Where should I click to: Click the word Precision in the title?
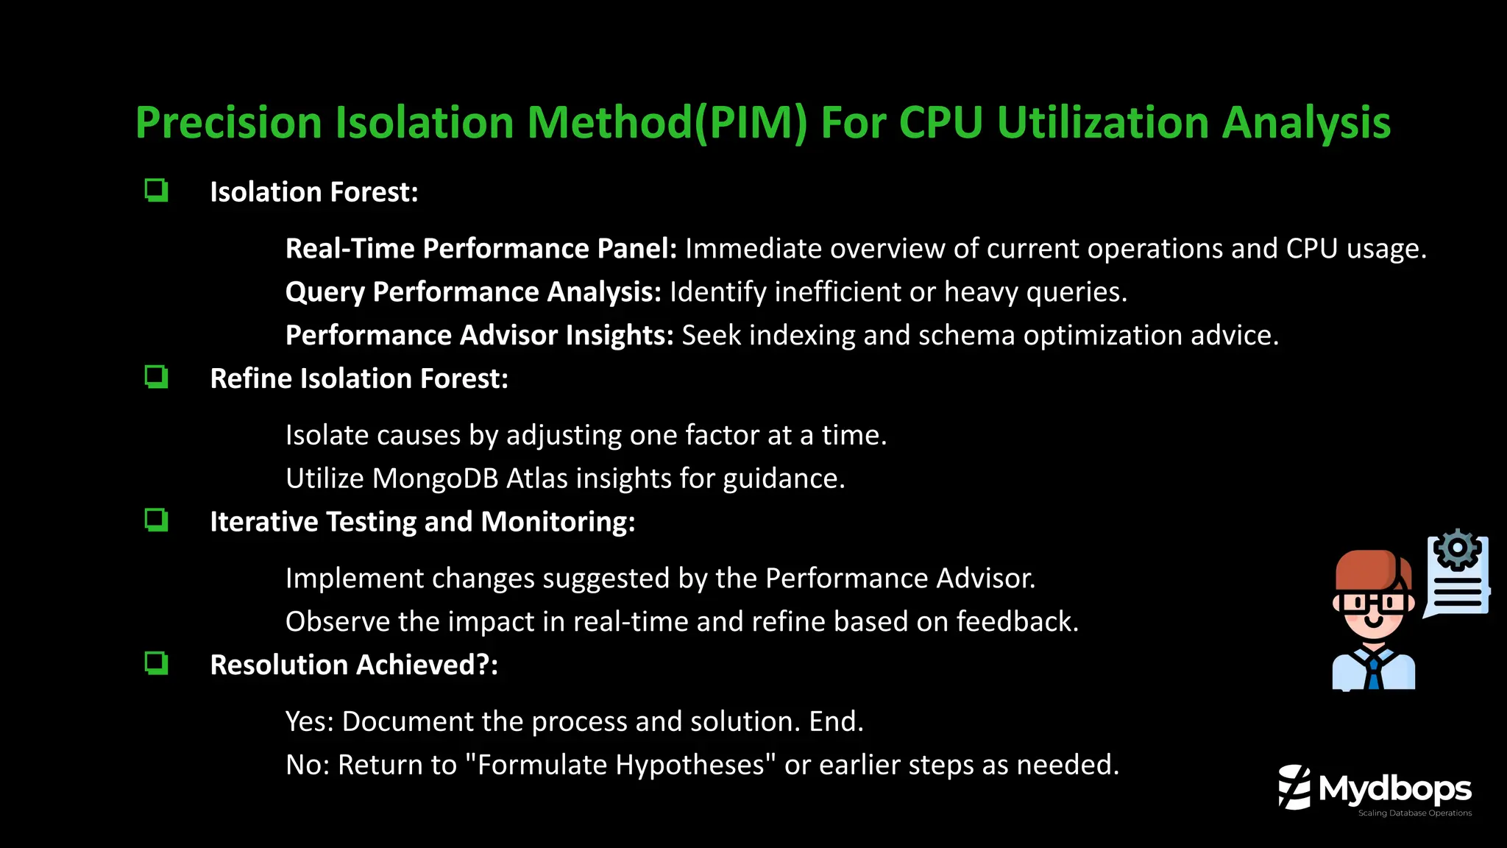point(229,122)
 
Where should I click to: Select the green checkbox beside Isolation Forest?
point(156,191)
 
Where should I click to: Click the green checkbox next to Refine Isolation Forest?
point(156,377)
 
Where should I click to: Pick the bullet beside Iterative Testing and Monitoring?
point(156,520)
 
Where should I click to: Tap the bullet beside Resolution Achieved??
point(156,663)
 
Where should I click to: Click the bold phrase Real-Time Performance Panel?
point(481,249)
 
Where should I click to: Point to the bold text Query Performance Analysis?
point(473,292)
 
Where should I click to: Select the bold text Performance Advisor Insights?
point(479,336)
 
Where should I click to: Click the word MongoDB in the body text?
point(435,478)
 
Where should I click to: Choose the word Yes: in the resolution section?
point(309,721)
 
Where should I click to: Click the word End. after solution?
point(836,721)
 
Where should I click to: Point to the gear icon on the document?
point(1457,549)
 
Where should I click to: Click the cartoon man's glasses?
point(1373,604)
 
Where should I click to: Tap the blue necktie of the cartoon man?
point(1373,672)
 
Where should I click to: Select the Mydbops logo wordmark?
point(1394,789)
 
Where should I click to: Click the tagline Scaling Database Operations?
point(1414,813)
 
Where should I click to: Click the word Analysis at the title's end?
point(1306,122)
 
